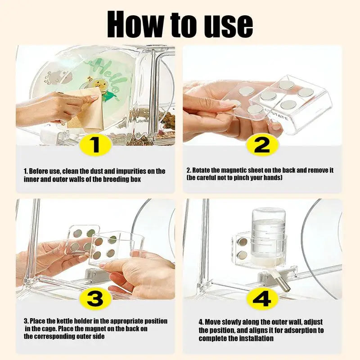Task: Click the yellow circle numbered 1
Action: pos(95,144)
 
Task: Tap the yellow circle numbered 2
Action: pos(262,144)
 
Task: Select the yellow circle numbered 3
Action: pos(95,297)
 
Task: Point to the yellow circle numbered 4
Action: pos(262,298)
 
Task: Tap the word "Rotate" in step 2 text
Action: pos(201,171)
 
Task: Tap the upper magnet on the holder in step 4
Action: pos(243,242)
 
